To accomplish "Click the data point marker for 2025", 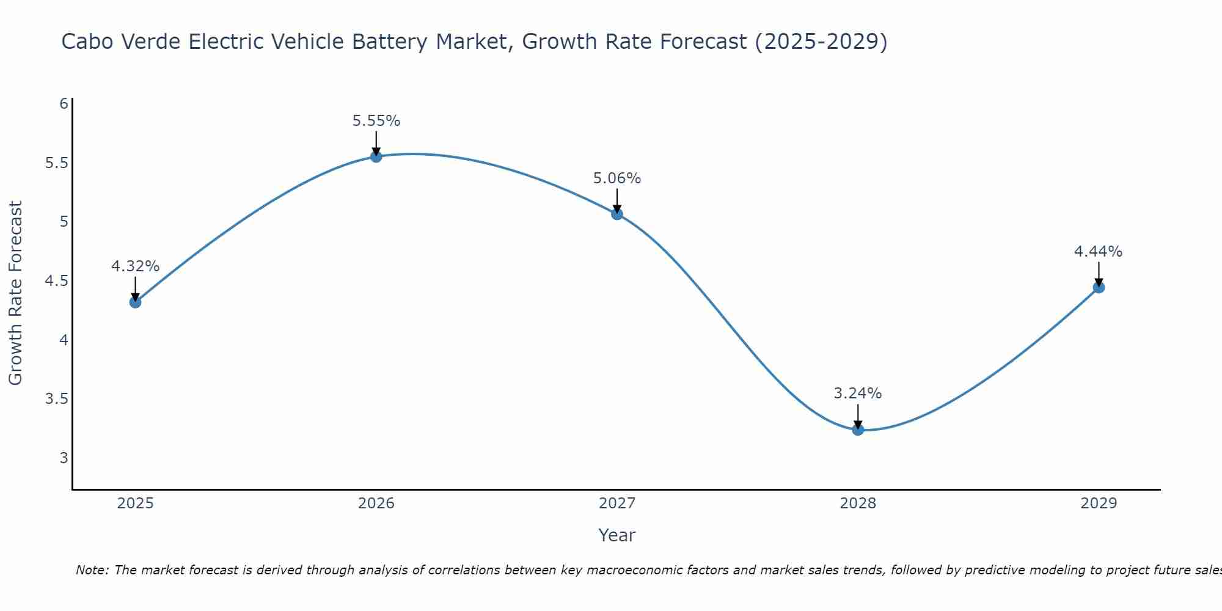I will tap(135, 302).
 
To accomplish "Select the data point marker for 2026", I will tap(376, 156).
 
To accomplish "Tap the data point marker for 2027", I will tap(617, 214).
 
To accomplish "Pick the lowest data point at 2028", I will tap(858, 430).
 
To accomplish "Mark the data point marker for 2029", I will tap(1099, 287).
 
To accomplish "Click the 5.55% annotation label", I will tap(376, 121).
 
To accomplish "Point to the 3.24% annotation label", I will tap(858, 393).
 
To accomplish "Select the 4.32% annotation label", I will tap(135, 266).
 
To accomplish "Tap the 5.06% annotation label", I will tap(617, 178).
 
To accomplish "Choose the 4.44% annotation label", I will tap(1099, 252).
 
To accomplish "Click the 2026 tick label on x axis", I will tap(376, 503).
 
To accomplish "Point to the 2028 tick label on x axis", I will tap(858, 503).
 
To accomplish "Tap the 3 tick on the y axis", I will tap(64, 458).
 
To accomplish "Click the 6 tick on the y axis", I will tap(64, 104).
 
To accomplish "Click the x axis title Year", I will tap(617, 535).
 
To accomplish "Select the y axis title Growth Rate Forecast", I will tap(16, 293).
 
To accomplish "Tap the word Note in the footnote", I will tap(92, 570).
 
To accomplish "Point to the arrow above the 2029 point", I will tap(1099, 274).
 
